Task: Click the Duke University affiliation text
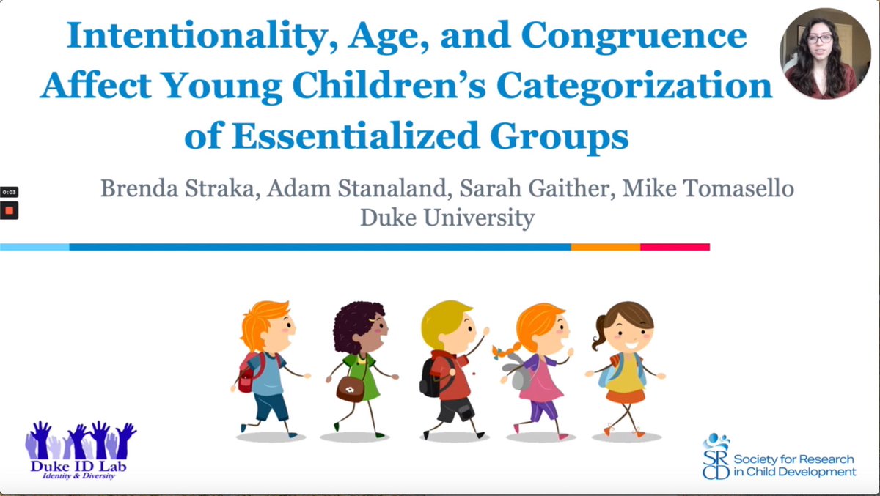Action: (x=447, y=218)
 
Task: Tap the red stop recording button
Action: (x=10, y=210)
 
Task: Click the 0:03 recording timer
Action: (x=10, y=192)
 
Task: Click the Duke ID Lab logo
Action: (x=81, y=448)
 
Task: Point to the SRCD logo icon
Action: (x=716, y=456)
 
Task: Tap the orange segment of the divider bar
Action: (x=606, y=247)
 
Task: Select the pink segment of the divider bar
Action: (x=675, y=247)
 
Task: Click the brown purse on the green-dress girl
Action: (x=351, y=388)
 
